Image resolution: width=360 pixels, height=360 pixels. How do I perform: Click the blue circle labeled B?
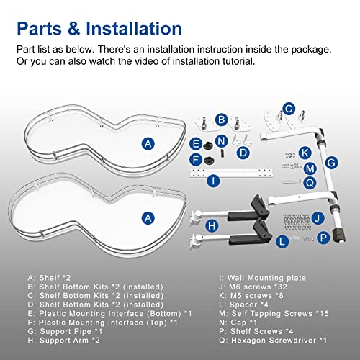click(221, 120)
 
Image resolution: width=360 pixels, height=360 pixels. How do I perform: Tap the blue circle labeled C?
click(289, 109)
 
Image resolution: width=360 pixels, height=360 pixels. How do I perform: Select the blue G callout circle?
click(331, 163)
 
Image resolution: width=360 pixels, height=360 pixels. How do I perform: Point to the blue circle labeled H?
click(212, 225)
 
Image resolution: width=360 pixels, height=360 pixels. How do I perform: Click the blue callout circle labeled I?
click(213, 181)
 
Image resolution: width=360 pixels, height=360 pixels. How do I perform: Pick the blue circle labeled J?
click(318, 218)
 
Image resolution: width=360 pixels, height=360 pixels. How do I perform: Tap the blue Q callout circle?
click(310, 183)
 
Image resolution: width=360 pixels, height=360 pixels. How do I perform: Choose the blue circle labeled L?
click(282, 241)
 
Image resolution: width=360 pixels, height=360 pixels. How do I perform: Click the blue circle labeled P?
click(323, 238)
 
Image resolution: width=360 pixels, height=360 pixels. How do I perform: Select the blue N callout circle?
click(221, 141)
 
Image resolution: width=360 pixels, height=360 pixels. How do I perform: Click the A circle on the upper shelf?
click(148, 144)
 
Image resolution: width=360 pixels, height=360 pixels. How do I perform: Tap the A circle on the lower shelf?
click(148, 218)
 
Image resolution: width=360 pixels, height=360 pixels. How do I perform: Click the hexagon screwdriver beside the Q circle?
click(292, 181)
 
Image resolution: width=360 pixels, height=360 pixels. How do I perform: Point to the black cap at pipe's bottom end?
click(339, 235)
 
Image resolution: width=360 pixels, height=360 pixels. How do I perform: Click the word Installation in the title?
click(134, 29)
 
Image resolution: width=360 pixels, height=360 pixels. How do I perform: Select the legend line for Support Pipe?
click(65, 331)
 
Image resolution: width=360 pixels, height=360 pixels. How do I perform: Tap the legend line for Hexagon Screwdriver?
click(273, 341)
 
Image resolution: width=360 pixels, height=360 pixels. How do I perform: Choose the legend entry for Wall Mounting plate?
click(263, 278)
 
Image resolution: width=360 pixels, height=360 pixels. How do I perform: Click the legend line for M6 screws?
click(253, 287)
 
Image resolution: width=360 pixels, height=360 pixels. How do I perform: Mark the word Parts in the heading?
click(40, 29)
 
